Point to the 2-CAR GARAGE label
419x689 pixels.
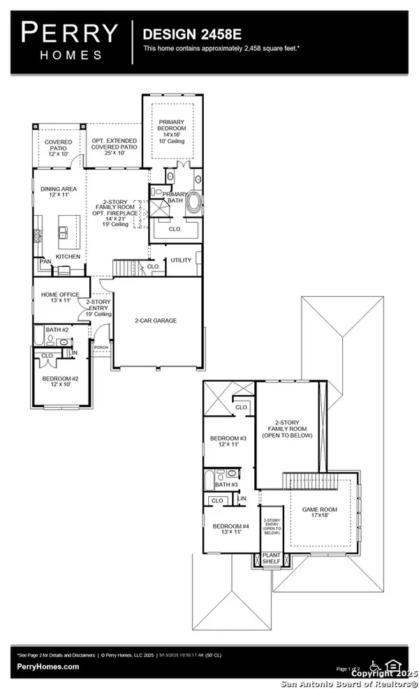[x=156, y=320]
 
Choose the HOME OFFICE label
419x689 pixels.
[x=60, y=295]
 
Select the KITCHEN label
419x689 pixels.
[x=68, y=256]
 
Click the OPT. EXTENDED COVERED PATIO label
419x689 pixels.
[x=115, y=145]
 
